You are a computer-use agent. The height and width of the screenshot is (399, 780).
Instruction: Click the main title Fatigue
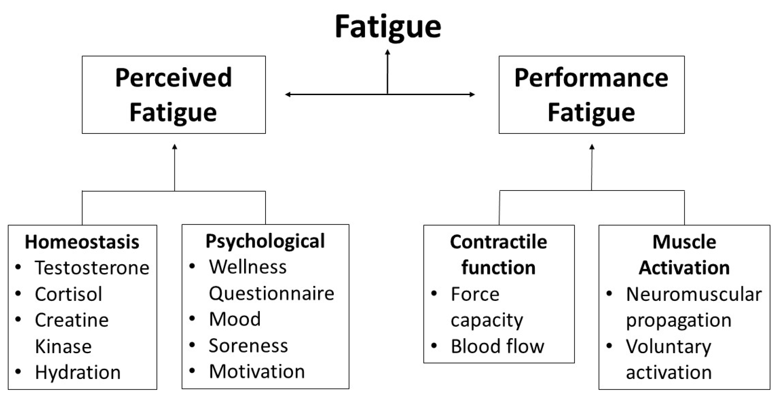[388, 27]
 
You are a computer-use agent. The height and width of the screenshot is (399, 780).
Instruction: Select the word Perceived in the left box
[173, 78]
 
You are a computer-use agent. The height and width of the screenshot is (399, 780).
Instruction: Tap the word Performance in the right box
[591, 78]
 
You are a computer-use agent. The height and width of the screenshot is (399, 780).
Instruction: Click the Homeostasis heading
[82, 242]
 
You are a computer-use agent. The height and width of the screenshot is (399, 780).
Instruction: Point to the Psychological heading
[265, 241]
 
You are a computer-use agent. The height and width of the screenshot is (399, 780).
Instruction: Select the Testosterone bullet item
[92, 268]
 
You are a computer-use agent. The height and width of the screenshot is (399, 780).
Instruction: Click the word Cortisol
[68, 294]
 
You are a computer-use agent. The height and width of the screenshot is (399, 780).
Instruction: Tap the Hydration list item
[78, 372]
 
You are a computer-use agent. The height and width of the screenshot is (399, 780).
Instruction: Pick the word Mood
[234, 319]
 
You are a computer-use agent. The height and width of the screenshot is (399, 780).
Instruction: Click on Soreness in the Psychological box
[248, 345]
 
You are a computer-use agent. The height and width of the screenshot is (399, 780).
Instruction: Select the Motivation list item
[257, 371]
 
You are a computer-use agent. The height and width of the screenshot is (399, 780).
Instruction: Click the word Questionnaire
[271, 293]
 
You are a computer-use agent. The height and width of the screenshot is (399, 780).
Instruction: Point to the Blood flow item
[497, 346]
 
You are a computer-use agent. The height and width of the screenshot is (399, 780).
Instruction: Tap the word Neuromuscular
[694, 294]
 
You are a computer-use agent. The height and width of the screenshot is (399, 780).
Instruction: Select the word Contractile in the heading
[498, 242]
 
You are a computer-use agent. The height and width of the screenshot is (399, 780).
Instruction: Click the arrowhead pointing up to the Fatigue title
[388, 52]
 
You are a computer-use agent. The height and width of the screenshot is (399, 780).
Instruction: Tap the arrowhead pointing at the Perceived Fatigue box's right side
[288, 94]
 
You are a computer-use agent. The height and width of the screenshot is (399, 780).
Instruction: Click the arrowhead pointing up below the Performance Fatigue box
[592, 147]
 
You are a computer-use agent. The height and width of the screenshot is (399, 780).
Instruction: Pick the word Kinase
[63, 346]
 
